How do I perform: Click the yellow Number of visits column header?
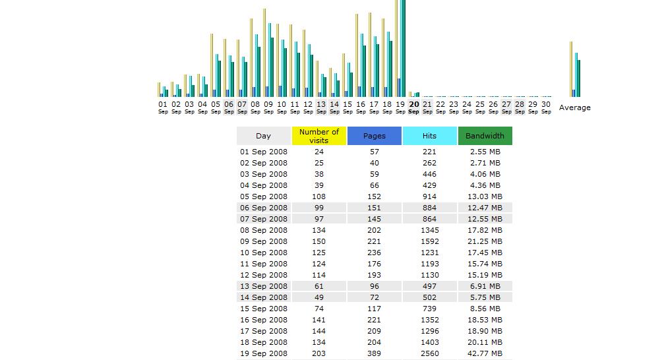(319, 136)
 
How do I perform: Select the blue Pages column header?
(375, 136)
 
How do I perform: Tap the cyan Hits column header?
(429, 136)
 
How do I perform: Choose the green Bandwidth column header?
(485, 136)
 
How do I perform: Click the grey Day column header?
(263, 136)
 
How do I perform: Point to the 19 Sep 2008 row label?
(263, 353)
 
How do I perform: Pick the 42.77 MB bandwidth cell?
(485, 353)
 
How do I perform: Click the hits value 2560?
(429, 353)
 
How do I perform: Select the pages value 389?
(375, 353)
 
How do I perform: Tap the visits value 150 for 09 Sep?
(319, 241)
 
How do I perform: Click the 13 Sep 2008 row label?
(263, 286)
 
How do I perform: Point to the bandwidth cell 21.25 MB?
(485, 241)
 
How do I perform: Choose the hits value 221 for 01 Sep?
(429, 152)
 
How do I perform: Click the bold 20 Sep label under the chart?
(414, 107)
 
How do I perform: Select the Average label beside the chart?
(575, 107)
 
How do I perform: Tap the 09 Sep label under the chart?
(268, 107)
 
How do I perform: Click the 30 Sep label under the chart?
(546, 107)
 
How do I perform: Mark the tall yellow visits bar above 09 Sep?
(264, 53)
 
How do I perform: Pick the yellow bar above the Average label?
(571, 69)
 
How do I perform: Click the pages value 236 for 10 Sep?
(375, 253)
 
